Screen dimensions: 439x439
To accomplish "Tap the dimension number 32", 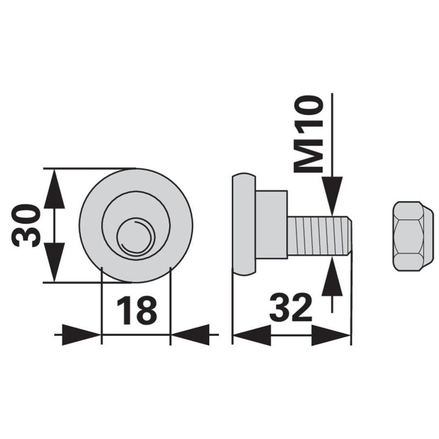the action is (x=291, y=308).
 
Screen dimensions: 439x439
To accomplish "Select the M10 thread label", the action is (x=308, y=134).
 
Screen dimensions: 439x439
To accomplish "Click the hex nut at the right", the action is (x=413, y=236).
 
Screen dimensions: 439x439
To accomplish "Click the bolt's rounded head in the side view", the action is (x=244, y=224).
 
